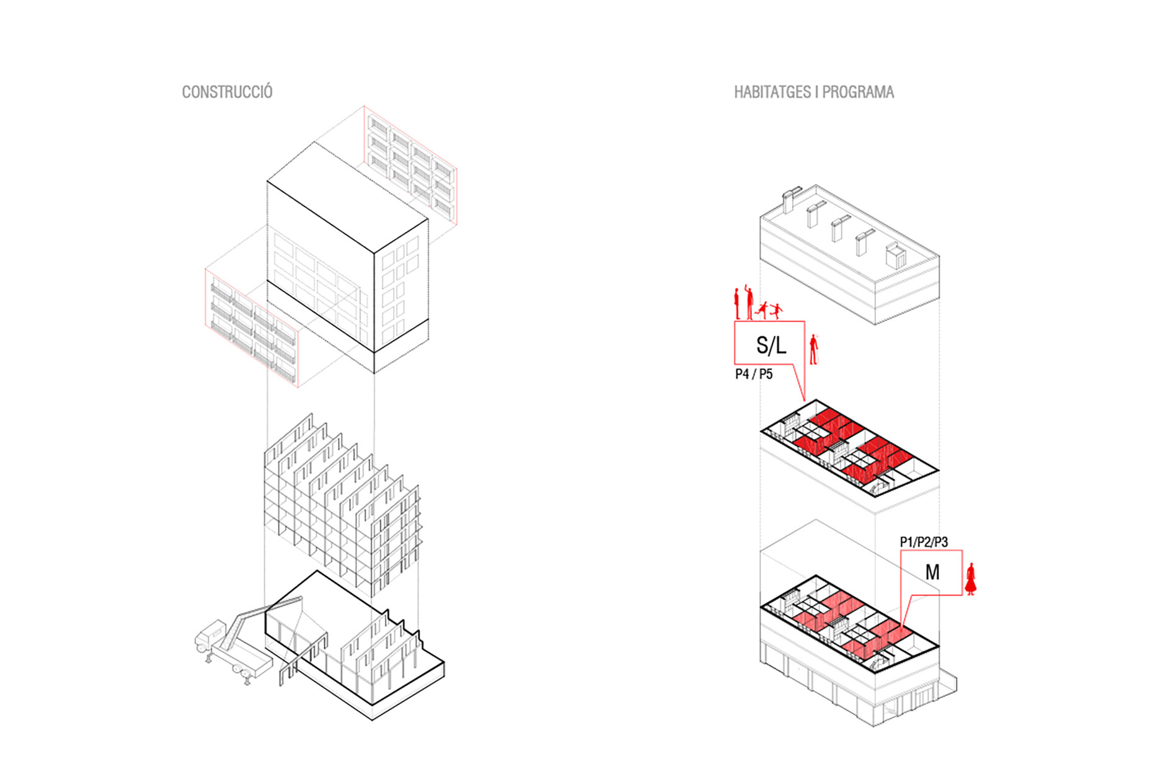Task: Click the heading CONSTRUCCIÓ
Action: point(227,92)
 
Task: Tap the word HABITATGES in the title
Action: point(772,92)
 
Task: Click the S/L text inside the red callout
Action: point(771,345)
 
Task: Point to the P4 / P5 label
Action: point(754,374)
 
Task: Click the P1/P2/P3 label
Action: point(924,542)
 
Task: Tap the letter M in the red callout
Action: point(932,572)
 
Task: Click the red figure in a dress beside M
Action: point(971,579)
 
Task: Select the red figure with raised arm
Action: point(749,302)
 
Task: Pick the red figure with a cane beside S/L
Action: point(814,349)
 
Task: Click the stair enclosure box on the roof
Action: point(896,256)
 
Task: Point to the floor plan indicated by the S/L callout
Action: point(849,447)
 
